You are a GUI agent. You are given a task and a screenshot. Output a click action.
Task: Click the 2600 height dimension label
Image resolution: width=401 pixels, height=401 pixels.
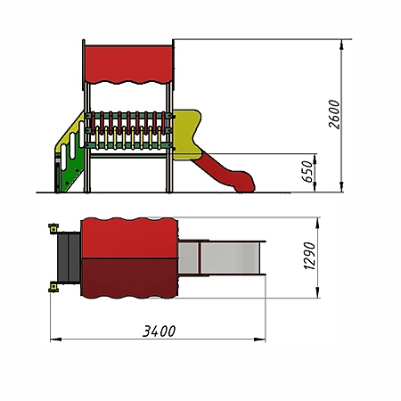point(334,114)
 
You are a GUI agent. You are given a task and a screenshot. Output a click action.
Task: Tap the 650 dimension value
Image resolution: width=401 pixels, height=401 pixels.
point(307,172)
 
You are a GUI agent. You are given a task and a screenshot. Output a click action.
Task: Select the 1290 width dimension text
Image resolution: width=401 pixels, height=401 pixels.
point(309,256)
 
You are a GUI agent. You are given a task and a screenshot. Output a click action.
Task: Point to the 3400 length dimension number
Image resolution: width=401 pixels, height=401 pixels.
point(160,331)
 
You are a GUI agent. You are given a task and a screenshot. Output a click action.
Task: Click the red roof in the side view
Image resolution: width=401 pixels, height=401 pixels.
point(128,64)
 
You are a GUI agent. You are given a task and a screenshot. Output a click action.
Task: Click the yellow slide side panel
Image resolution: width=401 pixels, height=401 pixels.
point(186,135)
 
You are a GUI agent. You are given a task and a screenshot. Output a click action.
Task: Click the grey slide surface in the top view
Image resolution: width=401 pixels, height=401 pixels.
point(221,258)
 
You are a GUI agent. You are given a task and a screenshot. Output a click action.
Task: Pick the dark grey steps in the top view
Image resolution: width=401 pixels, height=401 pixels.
point(69,258)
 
